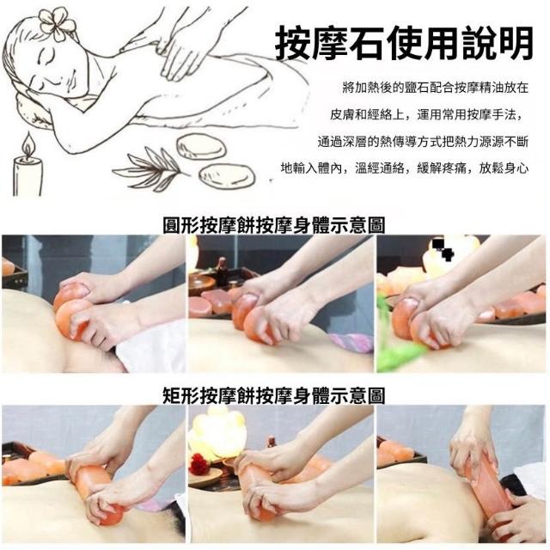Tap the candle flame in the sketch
[27, 144]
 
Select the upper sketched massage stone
[200, 146]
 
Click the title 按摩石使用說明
[404, 44]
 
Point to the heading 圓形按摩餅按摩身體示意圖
[274, 225]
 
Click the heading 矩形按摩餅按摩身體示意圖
[274, 395]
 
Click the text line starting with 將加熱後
[435, 88]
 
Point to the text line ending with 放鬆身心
[405, 168]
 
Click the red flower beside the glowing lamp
[199, 462]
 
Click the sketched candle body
[27, 176]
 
